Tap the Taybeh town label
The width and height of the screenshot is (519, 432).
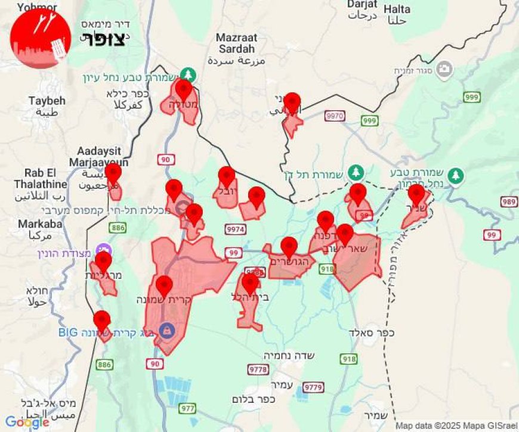(47, 101)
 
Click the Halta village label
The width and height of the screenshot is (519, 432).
(397, 9)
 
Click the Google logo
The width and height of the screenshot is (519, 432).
(27, 422)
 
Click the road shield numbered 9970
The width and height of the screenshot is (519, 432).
(335, 116)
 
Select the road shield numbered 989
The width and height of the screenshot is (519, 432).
(509, 203)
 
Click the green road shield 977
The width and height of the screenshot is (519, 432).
(187, 408)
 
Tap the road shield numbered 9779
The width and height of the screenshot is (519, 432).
(313, 387)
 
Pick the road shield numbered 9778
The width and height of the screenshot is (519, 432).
(258, 369)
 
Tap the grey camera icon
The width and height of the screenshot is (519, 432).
(443, 70)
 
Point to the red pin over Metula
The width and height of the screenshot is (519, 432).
(184, 90)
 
